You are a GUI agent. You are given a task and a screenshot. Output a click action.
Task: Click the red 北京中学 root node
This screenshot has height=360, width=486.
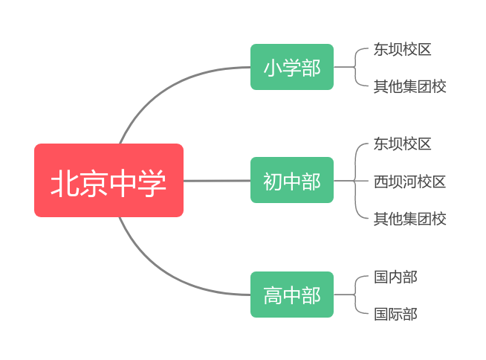(108, 180)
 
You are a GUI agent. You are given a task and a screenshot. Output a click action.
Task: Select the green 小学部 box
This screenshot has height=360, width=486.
(292, 67)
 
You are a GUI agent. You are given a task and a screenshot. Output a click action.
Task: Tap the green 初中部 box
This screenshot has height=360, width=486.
(292, 180)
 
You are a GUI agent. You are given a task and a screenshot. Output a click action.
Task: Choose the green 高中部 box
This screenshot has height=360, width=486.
(292, 295)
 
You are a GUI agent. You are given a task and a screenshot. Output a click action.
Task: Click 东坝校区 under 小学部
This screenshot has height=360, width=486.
(402, 49)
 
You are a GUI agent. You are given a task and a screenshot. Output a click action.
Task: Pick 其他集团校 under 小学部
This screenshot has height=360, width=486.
(409, 86)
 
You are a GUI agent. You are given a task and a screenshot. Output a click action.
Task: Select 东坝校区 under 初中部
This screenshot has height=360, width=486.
(402, 144)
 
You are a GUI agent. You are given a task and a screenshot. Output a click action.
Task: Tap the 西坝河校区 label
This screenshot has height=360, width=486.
(409, 181)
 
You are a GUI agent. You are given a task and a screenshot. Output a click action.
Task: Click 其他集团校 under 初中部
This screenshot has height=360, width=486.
(409, 219)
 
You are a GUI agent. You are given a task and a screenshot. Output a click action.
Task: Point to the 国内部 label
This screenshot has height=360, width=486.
(395, 277)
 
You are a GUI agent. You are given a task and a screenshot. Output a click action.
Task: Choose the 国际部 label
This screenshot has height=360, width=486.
(395, 314)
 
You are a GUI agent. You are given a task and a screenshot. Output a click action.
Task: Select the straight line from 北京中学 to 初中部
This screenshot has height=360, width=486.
(217, 180)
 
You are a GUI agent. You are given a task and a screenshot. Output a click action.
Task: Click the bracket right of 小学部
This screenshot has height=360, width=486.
(355, 67)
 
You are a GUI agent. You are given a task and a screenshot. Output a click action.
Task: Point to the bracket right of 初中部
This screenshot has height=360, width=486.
(355, 181)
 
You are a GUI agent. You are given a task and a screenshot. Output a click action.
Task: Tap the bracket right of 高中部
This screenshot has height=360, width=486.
(355, 295)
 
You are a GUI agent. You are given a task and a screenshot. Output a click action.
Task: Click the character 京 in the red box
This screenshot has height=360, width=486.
(94, 183)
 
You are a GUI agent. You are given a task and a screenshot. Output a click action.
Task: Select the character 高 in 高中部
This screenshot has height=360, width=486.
(273, 295)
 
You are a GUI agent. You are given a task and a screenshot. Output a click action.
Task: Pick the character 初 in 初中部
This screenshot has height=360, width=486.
(273, 181)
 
